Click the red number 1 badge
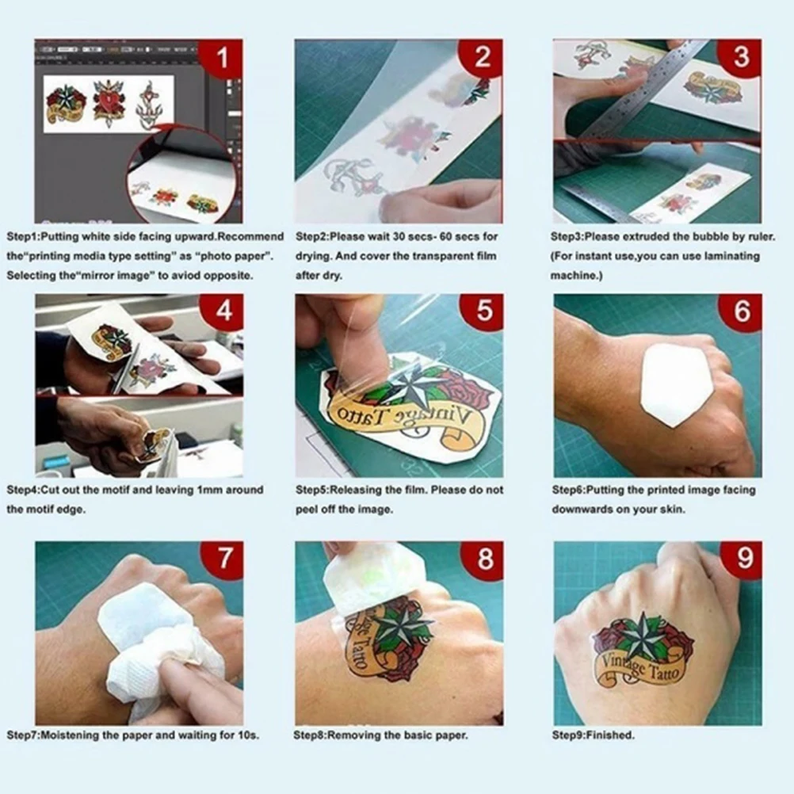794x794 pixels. [x=221, y=58]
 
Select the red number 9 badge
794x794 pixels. [x=742, y=559]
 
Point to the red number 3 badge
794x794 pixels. [x=740, y=57]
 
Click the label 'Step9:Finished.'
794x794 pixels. [x=593, y=735]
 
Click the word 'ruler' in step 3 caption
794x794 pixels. [x=760, y=236]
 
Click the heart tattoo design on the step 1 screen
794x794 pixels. [x=109, y=105]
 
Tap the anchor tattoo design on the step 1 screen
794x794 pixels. [x=147, y=104]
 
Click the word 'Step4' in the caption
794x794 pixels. [x=23, y=491]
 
